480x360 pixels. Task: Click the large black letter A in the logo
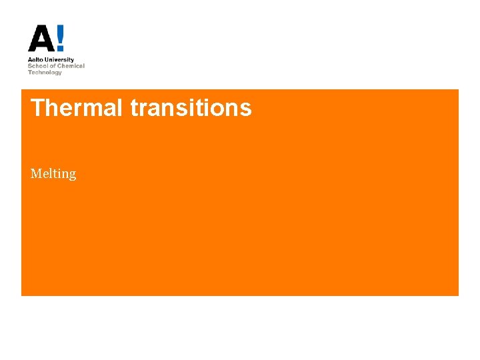pos(41,39)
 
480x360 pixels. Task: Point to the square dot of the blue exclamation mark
pos(61,49)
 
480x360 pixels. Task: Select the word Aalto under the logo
pos(35,60)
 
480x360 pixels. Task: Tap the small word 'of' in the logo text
pos(52,66)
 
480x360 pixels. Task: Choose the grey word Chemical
pos(71,66)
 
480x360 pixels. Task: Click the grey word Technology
pos(45,72)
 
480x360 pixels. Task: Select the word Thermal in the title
pos(77,107)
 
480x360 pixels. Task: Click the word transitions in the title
pos(191,107)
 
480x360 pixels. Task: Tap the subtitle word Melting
pos(53,174)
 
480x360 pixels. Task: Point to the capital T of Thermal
pos(37,107)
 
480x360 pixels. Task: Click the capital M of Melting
pos(35,173)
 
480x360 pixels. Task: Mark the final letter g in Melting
pos(72,175)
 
